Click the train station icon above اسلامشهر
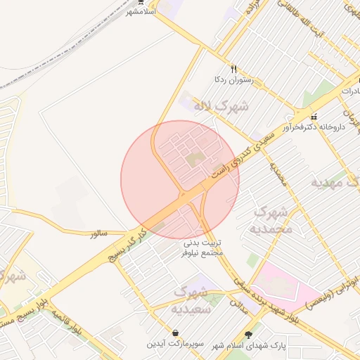coord(141,2)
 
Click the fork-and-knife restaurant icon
coord(224,68)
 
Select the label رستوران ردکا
coord(225,80)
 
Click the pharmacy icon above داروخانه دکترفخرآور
coord(314,117)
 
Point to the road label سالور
coord(98,233)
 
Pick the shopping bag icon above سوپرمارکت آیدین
coord(174,333)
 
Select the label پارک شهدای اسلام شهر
coord(247,345)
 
